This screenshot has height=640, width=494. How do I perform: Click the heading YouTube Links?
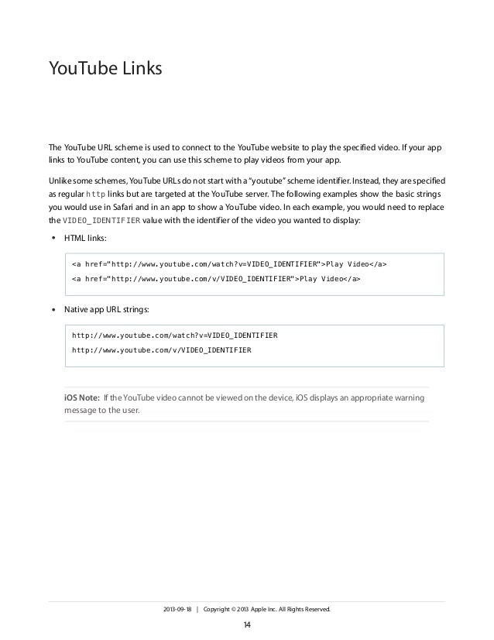click(x=105, y=71)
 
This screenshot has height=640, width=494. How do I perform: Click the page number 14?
click(x=247, y=624)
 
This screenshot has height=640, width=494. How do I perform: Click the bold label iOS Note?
click(x=81, y=398)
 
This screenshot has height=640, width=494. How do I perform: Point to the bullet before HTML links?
click(x=53, y=237)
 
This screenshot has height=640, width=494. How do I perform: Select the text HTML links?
click(x=86, y=237)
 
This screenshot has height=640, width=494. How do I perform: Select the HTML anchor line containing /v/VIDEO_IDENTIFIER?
click(x=216, y=277)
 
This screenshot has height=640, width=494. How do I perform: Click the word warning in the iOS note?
click(x=405, y=398)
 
